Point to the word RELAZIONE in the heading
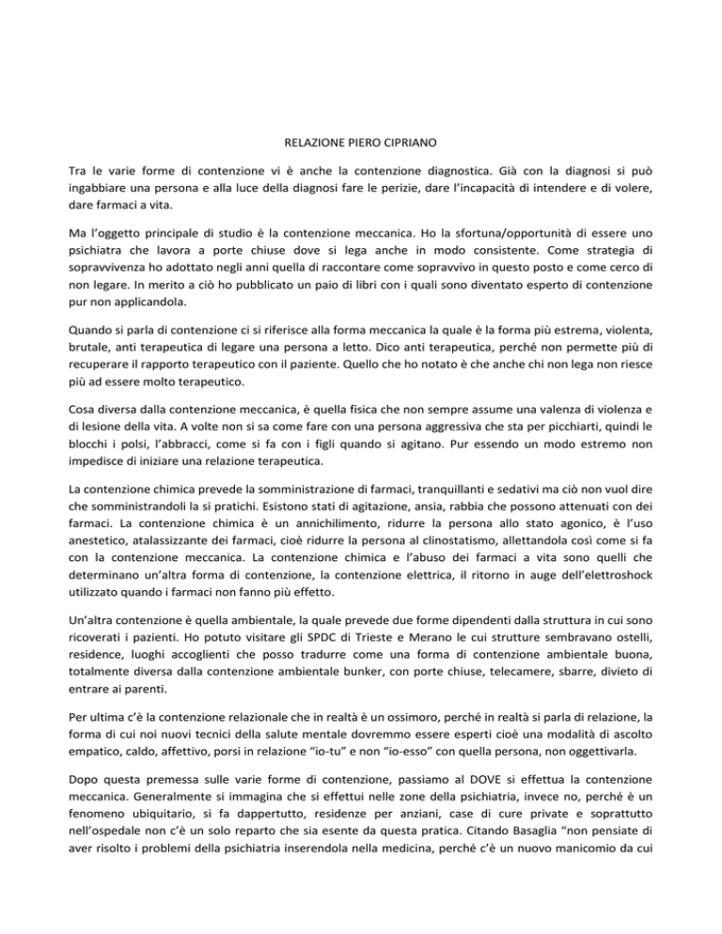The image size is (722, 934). (x=315, y=147)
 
